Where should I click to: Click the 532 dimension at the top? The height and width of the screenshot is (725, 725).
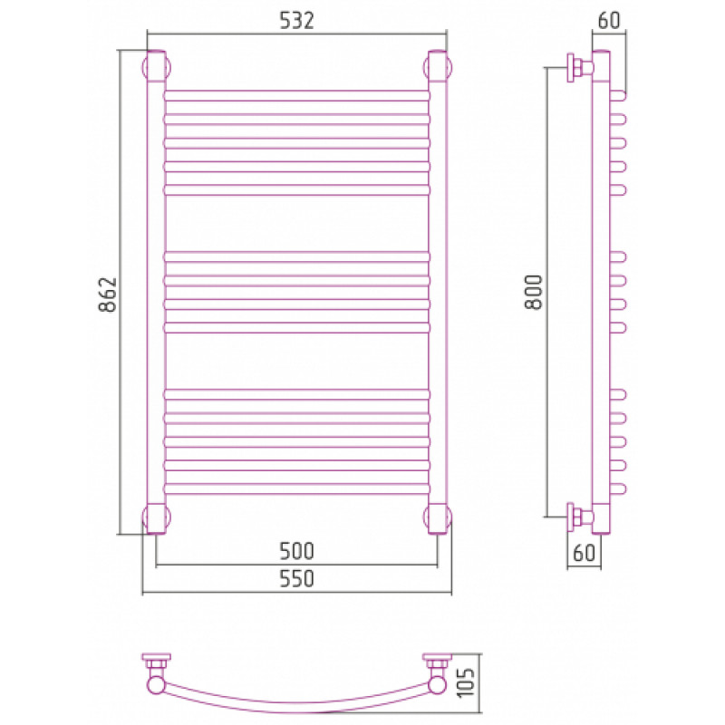[296, 20]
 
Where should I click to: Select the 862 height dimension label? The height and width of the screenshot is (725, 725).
[108, 295]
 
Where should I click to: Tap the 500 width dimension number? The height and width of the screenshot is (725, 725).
[296, 551]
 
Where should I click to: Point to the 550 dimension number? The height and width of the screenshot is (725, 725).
[296, 578]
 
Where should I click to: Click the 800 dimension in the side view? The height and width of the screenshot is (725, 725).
[534, 292]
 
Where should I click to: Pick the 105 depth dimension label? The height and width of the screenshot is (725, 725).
[466, 682]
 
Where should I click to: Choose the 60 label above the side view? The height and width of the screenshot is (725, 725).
[609, 20]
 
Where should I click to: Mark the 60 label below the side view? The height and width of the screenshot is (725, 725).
[584, 553]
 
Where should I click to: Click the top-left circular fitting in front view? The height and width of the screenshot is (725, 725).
[156, 67]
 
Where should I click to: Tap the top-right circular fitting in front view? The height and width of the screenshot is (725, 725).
[438, 67]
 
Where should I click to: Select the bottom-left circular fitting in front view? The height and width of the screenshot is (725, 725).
[156, 517]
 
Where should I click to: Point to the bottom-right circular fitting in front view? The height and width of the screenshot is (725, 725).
[438, 517]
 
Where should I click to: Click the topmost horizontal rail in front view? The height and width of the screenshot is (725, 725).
[296, 96]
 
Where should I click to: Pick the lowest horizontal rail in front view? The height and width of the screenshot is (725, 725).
[296, 488]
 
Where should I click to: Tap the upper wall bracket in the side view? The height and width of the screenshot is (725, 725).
[580, 68]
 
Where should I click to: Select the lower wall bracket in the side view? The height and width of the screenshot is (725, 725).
[580, 517]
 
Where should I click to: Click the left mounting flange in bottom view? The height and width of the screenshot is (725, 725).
[156, 661]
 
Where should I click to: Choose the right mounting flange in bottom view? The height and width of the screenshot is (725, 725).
[437, 661]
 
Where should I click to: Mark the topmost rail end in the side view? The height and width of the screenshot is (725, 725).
[618, 96]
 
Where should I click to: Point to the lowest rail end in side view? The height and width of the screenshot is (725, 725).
[618, 488]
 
